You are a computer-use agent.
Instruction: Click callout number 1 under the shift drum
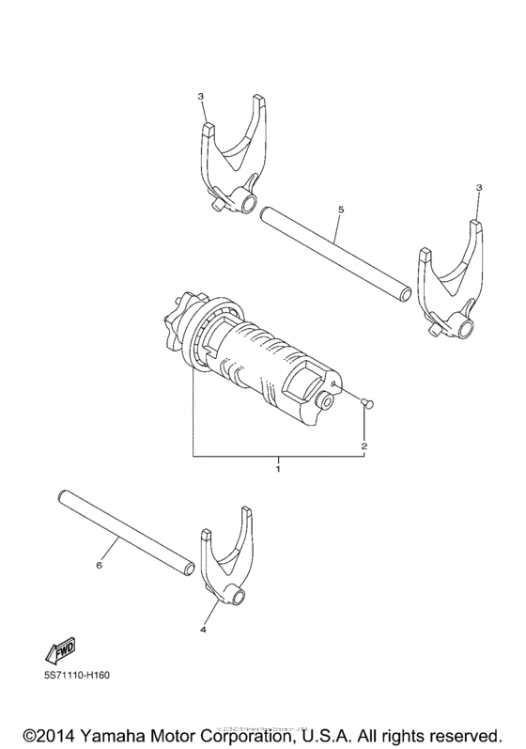(278, 465)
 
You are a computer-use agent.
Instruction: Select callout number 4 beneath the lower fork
(204, 631)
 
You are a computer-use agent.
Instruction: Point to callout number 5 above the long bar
(340, 201)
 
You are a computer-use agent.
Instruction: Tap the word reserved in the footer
(464, 732)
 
